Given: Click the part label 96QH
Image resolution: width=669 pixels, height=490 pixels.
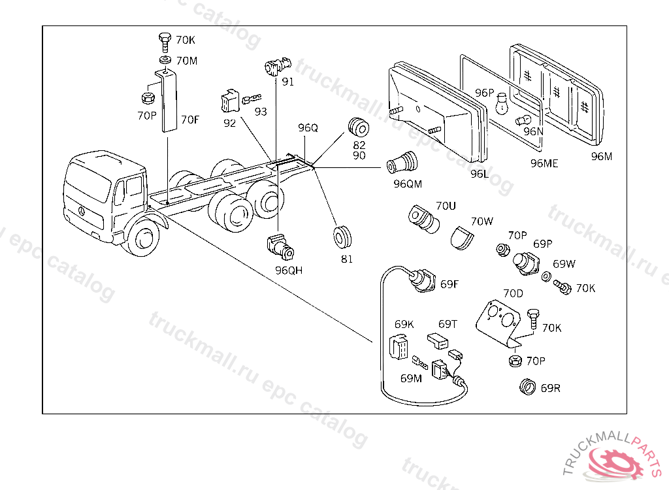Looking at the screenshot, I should coord(288,270).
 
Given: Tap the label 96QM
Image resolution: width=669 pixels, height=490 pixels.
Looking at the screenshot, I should coord(408,184).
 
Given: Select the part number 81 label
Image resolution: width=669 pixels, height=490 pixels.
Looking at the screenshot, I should coord(346,259).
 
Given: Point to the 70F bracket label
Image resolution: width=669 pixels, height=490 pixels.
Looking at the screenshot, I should coord(190,120).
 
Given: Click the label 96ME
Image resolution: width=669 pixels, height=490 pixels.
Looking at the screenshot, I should coord(544,163).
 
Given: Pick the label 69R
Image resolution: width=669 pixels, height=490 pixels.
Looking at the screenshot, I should coord(551,388).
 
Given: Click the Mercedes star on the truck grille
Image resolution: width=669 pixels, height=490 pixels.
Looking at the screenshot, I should coord(80,212).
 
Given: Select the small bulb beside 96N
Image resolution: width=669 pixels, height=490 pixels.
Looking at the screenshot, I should coord(522,120).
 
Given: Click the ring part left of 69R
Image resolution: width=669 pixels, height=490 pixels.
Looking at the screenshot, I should coord(527,387).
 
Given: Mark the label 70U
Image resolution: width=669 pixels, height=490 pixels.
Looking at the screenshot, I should coord(446,206).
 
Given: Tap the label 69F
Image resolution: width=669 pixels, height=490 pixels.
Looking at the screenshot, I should coord(449,284).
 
